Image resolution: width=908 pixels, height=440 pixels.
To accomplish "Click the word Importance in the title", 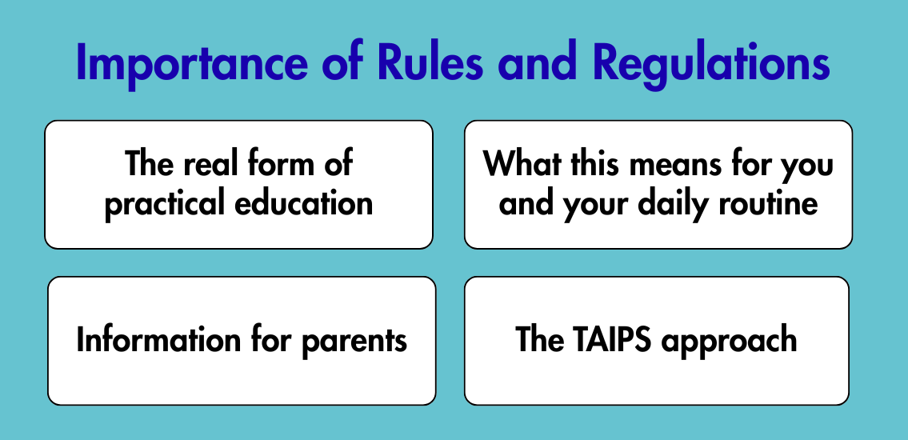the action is click(191, 62).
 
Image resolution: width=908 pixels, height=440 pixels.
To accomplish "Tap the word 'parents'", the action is click(354, 342).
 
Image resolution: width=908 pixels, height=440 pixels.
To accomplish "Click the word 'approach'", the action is click(730, 342).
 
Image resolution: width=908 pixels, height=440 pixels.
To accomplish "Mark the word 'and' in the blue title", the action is click(538, 62).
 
